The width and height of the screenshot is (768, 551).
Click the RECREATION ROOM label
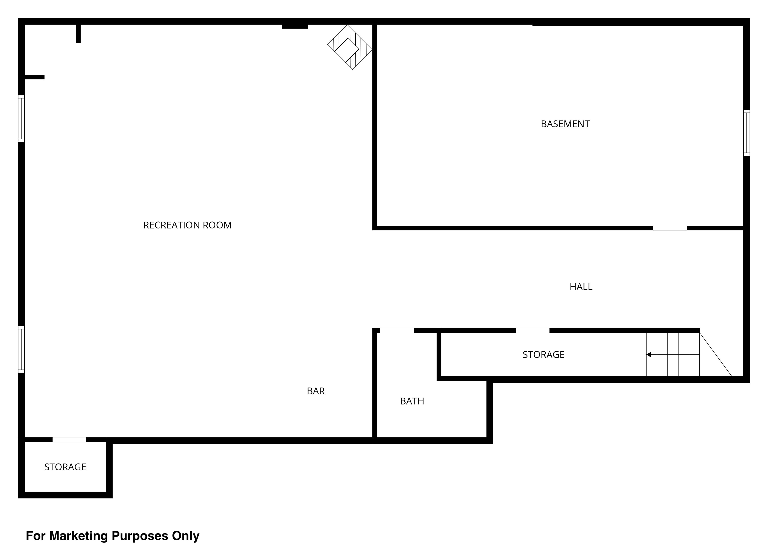click(187, 225)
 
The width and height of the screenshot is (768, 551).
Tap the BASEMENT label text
click(565, 124)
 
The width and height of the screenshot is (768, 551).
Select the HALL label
click(581, 287)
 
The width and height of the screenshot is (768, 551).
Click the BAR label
click(315, 391)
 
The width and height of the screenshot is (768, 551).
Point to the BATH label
click(412, 401)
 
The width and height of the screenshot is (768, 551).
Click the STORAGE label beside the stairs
click(543, 354)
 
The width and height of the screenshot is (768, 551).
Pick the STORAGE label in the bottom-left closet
click(65, 467)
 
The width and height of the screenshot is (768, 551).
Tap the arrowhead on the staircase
click(648, 354)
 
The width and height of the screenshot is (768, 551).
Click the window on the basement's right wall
click(747, 133)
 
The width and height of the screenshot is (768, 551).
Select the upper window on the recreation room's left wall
click(21, 118)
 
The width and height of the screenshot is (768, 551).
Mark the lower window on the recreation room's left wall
click(21, 349)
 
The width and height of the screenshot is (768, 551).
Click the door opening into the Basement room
click(670, 228)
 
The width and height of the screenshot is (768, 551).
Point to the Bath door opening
click(397, 330)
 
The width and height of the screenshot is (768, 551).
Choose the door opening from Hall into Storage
click(533, 330)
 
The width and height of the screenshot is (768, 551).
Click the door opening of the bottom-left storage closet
click(69, 439)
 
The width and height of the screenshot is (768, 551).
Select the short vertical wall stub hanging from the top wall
click(78, 33)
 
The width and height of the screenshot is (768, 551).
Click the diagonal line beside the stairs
click(716, 354)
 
